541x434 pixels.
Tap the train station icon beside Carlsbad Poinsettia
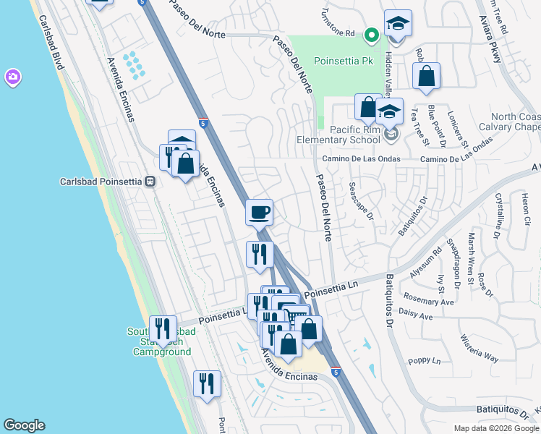(150, 182)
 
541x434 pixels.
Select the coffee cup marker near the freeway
(260, 212)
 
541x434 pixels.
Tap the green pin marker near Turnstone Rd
(371, 33)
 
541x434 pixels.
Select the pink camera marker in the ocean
(12, 77)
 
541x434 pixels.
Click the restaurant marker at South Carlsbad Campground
(163, 329)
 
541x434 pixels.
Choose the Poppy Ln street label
(425, 360)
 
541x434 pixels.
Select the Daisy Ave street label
(415, 316)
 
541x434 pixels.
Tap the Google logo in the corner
(24, 425)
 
